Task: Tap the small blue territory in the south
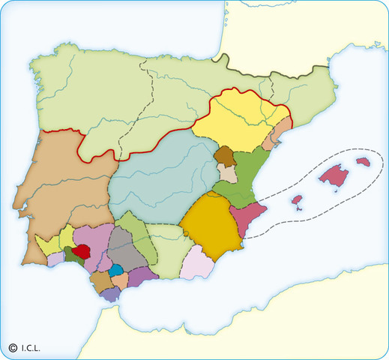(x=116, y=270)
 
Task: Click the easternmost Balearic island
(x=364, y=162)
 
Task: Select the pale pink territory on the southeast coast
(x=198, y=262)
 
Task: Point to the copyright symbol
(x=13, y=347)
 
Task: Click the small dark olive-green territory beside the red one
(x=70, y=256)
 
